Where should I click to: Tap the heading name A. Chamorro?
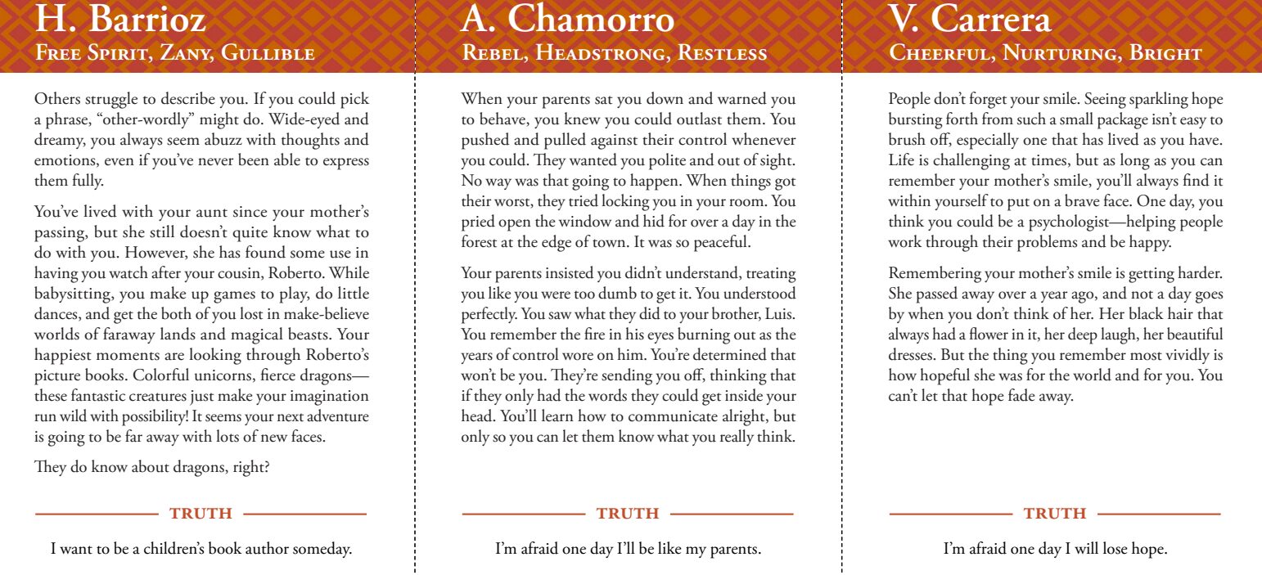click(568, 20)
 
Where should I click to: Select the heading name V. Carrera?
click(969, 20)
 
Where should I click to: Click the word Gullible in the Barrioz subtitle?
click(268, 54)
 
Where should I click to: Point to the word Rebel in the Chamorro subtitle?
click(490, 54)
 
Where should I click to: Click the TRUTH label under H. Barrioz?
click(201, 514)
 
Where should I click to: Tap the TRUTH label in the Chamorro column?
click(628, 514)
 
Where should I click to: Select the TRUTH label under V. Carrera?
click(1055, 514)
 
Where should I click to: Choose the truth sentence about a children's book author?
click(201, 549)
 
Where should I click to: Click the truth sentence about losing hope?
click(1055, 549)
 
